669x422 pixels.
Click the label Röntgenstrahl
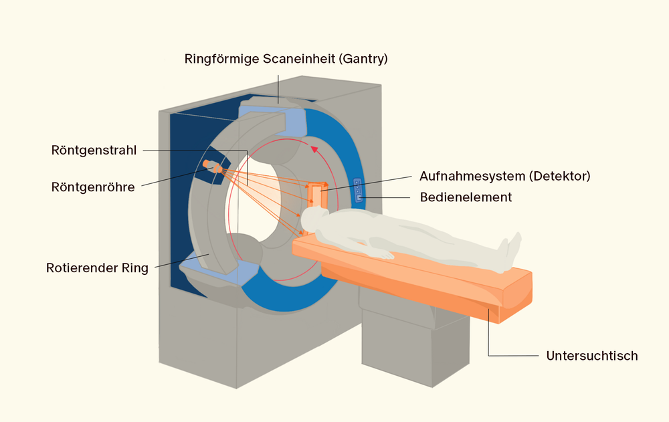tap(94, 150)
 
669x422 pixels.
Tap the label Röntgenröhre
tap(93, 187)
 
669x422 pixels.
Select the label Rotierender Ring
tap(97, 268)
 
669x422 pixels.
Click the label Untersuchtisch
tap(592, 356)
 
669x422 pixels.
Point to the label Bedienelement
tap(466, 197)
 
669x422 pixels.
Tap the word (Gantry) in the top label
tap(363, 59)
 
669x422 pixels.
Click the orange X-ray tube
tap(213, 167)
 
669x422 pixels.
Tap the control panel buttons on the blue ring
tap(358, 190)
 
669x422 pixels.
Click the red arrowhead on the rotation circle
tap(314, 149)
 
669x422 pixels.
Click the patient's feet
tap(510, 251)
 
